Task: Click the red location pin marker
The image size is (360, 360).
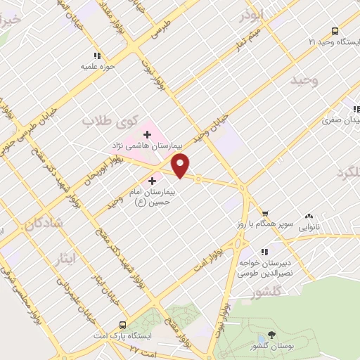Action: [x=181, y=166]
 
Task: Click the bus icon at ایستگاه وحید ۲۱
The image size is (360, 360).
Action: [x=335, y=31]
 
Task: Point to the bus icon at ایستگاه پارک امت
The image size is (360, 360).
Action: [x=123, y=325]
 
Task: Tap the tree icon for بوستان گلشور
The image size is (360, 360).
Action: [x=272, y=335]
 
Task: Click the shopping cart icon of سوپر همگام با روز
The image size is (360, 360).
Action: [x=265, y=214]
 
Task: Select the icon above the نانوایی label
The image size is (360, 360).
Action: [x=309, y=216]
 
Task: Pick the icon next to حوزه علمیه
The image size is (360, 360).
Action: [x=97, y=56]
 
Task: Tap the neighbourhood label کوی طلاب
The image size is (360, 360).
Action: [x=110, y=121]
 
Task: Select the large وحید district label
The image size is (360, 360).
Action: [x=304, y=80]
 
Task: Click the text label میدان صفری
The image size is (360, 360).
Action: [x=343, y=120]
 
